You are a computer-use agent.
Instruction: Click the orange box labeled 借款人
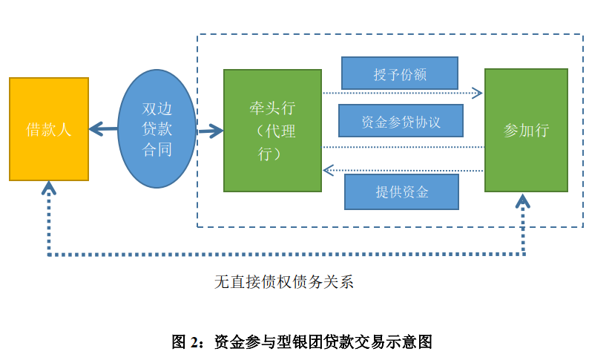point(49,129)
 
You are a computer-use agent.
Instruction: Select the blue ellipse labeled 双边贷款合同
point(157,129)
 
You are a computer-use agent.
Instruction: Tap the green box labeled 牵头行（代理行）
point(272,131)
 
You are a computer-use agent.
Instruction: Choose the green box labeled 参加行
point(526,131)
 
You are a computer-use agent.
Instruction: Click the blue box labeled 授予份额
point(400,73)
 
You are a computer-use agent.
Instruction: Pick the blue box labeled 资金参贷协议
point(401,121)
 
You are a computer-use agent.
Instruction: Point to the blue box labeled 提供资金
point(401,192)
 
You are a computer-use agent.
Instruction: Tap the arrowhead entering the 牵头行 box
point(216,132)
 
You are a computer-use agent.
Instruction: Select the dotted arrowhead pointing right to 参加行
point(477,93)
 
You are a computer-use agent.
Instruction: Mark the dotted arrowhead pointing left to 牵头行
point(328,171)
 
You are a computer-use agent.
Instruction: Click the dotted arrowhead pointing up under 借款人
point(49,187)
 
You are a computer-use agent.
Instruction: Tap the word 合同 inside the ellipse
point(157,150)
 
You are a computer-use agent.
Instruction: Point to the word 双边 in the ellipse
point(157,108)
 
